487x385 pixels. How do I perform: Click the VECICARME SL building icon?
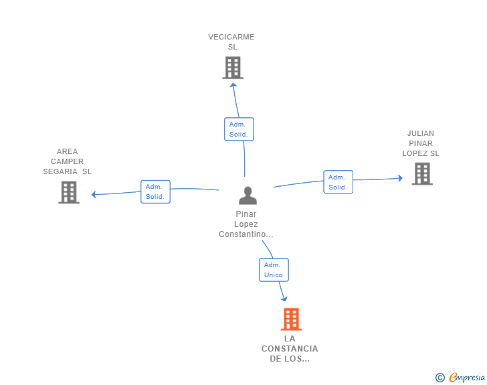(x=233, y=68)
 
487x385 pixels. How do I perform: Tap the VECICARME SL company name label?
(x=231, y=42)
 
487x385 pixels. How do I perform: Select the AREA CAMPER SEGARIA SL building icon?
(x=69, y=192)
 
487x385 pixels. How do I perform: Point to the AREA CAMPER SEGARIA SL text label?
(x=67, y=161)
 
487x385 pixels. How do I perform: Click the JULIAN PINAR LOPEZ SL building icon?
(x=422, y=174)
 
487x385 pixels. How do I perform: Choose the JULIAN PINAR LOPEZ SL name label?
(x=421, y=143)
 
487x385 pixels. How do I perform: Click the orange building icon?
(x=292, y=319)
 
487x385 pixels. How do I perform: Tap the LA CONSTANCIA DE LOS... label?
(x=290, y=349)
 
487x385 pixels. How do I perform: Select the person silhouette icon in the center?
(x=248, y=196)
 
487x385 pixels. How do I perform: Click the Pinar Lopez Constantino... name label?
(x=246, y=224)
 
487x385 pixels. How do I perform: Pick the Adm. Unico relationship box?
(x=274, y=270)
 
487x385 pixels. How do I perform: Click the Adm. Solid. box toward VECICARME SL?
(x=239, y=129)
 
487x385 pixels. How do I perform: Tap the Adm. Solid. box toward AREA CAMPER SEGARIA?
(x=155, y=191)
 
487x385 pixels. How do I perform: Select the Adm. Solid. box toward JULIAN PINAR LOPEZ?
(x=338, y=182)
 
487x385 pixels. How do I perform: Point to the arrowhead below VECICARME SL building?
(x=233, y=85)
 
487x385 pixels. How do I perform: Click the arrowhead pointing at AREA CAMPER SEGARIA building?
(x=94, y=194)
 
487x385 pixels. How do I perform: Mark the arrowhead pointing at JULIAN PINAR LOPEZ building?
(x=400, y=178)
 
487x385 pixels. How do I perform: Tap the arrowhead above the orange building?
(x=284, y=299)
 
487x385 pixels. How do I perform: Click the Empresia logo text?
(x=467, y=377)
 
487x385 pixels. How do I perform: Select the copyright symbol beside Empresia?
(x=440, y=378)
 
